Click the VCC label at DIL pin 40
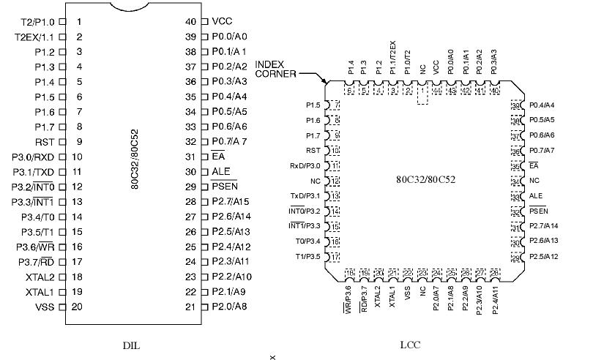(222, 22)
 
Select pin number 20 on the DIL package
(77, 307)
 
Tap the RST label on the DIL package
(45, 142)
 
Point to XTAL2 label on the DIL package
(40, 277)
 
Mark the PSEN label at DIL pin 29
(224, 187)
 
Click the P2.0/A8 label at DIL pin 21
(229, 307)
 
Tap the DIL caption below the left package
(131, 344)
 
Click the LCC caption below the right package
(411, 344)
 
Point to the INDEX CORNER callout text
(275, 69)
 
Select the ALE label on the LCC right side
(535, 195)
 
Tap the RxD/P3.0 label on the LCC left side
(305, 166)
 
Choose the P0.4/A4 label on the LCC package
(542, 105)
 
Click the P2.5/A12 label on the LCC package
(544, 256)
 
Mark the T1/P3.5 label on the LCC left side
(307, 256)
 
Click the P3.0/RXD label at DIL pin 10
(34, 157)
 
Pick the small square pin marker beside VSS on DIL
(61, 307)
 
